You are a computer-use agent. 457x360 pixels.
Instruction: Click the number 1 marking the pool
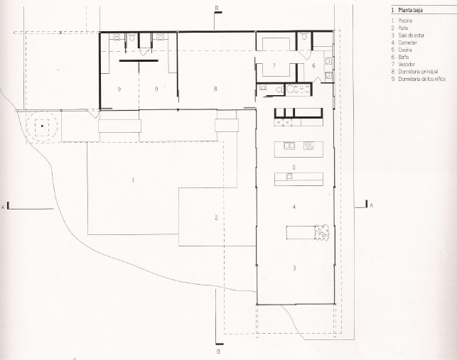tap(133, 180)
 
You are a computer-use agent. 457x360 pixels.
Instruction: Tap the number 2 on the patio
tap(216, 217)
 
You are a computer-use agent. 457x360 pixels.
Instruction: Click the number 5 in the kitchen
tap(294, 167)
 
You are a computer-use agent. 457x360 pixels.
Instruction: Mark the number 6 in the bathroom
tap(313, 65)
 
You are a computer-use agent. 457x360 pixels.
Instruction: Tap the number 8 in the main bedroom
tap(215, 89)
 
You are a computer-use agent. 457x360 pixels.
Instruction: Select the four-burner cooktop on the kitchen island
tap(309, 146)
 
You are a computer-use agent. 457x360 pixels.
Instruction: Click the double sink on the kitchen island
tap(289, 146)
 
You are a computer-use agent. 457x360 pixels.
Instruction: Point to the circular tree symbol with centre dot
tap(42, 126)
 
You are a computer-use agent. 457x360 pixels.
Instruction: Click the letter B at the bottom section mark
tap(218, 351)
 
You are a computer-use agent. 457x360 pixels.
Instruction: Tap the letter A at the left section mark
tap(4, 207)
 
